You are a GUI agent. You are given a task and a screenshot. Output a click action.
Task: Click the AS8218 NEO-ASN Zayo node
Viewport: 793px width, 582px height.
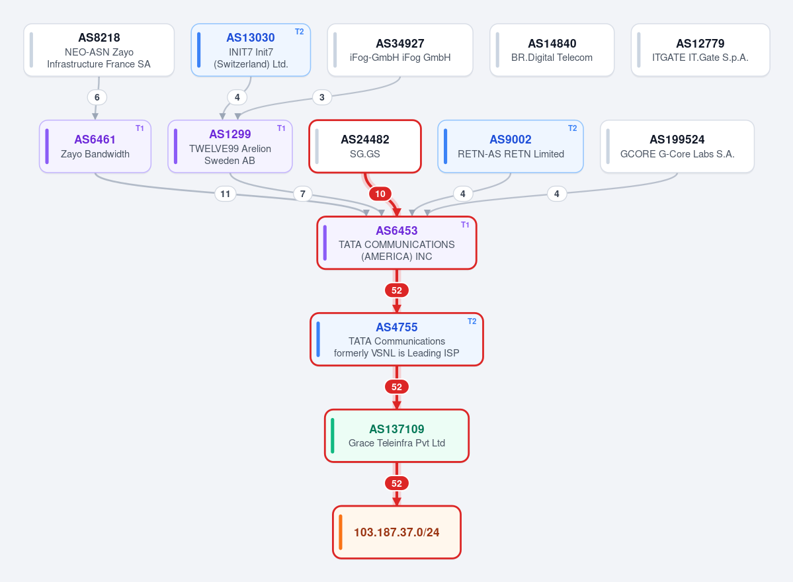[99, 50]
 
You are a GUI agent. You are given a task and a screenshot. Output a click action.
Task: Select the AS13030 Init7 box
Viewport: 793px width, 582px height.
[251, 50]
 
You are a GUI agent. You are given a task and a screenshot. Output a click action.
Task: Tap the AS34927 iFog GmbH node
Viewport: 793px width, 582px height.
[400, 50]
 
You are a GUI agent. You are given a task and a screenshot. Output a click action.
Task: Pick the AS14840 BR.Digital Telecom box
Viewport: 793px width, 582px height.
[552, 50]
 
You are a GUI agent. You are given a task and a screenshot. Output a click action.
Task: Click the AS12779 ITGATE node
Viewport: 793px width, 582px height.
[700, 50]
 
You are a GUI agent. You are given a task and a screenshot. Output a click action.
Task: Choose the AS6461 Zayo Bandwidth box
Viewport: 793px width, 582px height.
[95, 147]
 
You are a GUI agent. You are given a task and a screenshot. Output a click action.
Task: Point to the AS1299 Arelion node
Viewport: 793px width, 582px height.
[230, 147]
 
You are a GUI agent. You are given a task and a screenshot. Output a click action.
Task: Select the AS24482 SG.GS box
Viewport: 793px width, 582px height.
[365, 147]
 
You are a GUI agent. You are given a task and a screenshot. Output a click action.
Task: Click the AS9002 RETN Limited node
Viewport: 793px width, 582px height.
[511, 147]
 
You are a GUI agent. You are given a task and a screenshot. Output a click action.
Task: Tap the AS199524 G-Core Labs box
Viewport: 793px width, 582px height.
[677, 147]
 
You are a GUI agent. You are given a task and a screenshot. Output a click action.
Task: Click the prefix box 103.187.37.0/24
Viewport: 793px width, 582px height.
[397, 532]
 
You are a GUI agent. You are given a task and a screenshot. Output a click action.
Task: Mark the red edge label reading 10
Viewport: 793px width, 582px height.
[380, 194]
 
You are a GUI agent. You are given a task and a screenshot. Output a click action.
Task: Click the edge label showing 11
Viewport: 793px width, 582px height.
[225, 194]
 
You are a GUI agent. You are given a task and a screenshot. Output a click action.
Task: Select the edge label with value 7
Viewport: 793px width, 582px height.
[302, 194]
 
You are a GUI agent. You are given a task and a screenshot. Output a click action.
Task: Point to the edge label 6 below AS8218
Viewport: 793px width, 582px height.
[97, 97]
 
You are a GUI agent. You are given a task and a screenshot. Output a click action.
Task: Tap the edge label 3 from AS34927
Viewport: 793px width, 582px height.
[321, 97]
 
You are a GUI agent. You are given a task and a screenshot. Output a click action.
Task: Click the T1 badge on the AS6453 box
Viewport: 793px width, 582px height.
[465, 225]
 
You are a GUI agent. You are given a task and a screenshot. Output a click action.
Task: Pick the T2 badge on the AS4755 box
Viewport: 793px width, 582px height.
[472, 321]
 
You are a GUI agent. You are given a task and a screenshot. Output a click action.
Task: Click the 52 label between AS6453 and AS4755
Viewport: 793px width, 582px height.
[397, 290]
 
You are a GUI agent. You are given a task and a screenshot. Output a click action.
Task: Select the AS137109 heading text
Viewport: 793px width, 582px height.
[397, 429]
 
